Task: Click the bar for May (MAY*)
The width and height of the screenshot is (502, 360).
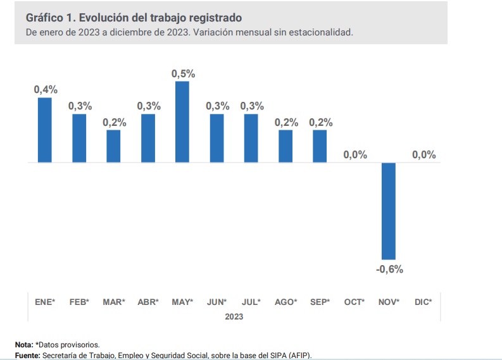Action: click(182, 122)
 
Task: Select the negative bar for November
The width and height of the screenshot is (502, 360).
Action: click(388, 211)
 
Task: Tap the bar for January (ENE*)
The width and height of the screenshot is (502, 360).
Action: click(45, 130)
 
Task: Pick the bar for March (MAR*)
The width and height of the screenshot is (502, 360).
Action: click(113, 146)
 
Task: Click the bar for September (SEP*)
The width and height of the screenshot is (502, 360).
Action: click(320, 146)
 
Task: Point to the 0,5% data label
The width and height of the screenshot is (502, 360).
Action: click(183, 74)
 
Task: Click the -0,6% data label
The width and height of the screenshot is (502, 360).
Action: click(389, 270)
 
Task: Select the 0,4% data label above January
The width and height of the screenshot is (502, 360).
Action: click(46, 90)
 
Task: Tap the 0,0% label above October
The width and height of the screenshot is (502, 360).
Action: click(355, 155)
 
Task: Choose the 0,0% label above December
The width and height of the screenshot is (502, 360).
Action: click(424, 155)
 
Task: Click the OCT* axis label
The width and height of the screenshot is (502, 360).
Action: click(355, 302)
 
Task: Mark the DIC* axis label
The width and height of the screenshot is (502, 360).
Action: click(423, 302)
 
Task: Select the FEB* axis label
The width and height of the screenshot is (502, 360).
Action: click(79, 302)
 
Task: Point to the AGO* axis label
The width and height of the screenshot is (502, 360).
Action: click(286, 302)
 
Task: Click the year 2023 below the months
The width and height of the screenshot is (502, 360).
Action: click(234, 316)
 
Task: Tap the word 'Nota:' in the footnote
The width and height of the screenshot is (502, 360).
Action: click(24, 345)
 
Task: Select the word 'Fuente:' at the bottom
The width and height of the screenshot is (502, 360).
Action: click(27, 356)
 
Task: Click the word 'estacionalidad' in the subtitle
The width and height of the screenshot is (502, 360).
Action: click(321, 32)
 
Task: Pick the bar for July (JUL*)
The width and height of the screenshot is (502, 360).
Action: click(251, 138)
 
